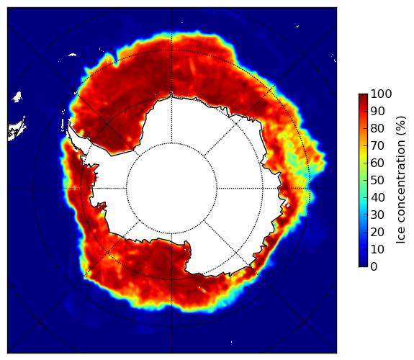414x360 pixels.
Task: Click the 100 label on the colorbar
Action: point(381,94)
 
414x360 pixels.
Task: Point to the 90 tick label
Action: point(377,111)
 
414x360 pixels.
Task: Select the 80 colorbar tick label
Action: point(377,128)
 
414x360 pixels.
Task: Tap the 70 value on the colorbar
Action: point(377,145)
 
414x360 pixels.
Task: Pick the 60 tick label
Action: point(377,163)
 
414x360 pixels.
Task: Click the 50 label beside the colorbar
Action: point(377,180)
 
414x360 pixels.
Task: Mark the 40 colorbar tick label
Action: point(377,197)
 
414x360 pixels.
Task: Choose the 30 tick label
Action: point(377,215)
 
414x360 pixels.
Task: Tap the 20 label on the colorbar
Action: point(377,232)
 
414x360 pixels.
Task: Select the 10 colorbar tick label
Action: point(377,249)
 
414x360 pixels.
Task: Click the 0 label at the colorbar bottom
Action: point(374,266)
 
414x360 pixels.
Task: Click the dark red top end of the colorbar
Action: point(363,95)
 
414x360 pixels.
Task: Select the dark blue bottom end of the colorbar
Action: point(363,265)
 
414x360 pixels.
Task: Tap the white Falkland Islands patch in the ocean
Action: point(17,96)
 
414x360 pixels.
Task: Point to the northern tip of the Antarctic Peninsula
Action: point(68,123)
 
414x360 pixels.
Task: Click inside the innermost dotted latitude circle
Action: point(171,189)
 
